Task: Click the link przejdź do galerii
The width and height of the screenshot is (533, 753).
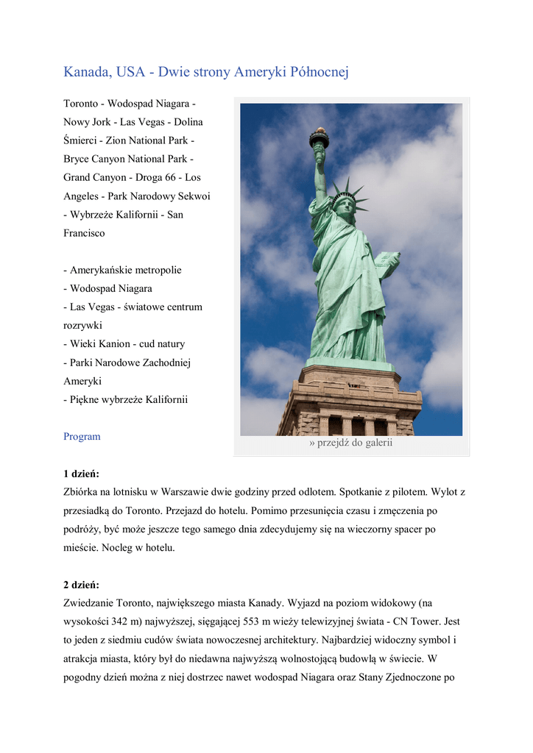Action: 351,443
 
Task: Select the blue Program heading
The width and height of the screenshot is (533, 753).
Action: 82,437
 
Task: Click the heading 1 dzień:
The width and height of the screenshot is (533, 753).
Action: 81,474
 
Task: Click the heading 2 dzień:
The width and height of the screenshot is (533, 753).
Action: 81,585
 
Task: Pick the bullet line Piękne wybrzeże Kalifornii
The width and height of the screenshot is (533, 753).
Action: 126,400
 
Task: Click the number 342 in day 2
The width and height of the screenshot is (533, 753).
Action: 121,622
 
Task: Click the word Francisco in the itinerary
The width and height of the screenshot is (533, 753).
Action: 84,233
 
